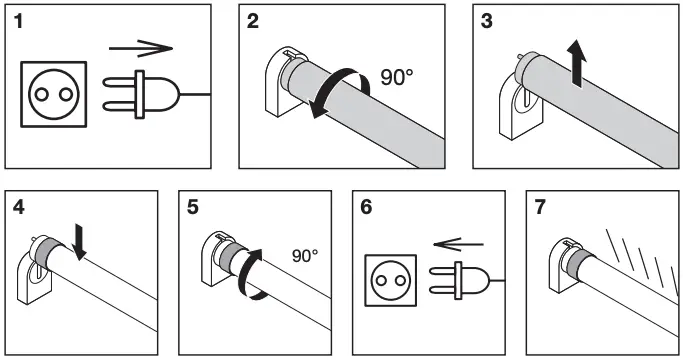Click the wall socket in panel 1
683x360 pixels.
pyautogui.click(x=54, y=94)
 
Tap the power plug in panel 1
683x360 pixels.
pyautogui.click(x=145, y=94)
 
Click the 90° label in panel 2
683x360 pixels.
pyautogui.click(x=397, y=78)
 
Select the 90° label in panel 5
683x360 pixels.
pyautogui.click(x=304, y=256)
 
